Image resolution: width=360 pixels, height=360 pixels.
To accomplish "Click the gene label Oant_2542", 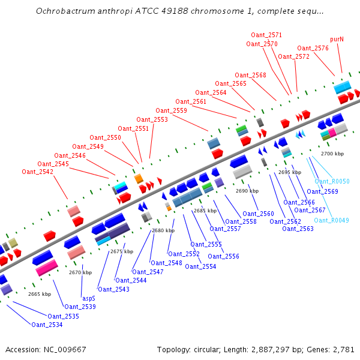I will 37,172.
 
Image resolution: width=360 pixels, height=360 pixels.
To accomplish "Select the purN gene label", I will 337,39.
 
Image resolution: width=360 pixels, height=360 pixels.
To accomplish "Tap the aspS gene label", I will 88,298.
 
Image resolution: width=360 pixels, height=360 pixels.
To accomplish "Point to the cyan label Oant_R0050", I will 332,181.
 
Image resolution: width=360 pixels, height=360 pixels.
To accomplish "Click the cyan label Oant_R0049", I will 331,220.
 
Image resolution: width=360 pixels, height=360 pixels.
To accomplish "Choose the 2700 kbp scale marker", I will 332,154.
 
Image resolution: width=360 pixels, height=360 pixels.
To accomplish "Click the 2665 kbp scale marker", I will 40,294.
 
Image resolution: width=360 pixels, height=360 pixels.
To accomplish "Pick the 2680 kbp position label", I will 163,230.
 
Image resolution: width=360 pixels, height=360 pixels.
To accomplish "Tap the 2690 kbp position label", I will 247,191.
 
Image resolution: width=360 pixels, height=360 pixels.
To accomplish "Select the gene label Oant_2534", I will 47,325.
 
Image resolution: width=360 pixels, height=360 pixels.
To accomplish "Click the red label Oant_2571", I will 266,35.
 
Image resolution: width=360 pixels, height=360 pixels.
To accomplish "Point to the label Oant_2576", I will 313,48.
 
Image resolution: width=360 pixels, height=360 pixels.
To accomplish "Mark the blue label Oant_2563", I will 298,229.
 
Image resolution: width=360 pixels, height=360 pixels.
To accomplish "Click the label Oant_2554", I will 200,266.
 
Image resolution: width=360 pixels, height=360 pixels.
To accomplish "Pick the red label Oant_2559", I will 171,110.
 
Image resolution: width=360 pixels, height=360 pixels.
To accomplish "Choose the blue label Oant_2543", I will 113,289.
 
